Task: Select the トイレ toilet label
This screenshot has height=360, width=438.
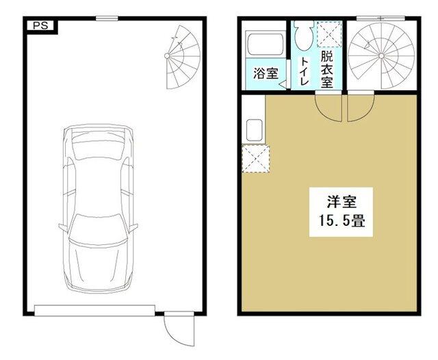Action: [304, 71]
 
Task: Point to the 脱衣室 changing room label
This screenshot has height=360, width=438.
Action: [326, 69]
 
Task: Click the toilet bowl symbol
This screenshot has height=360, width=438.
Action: [302, 37]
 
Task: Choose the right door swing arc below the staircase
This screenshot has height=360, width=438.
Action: [360, 107]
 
